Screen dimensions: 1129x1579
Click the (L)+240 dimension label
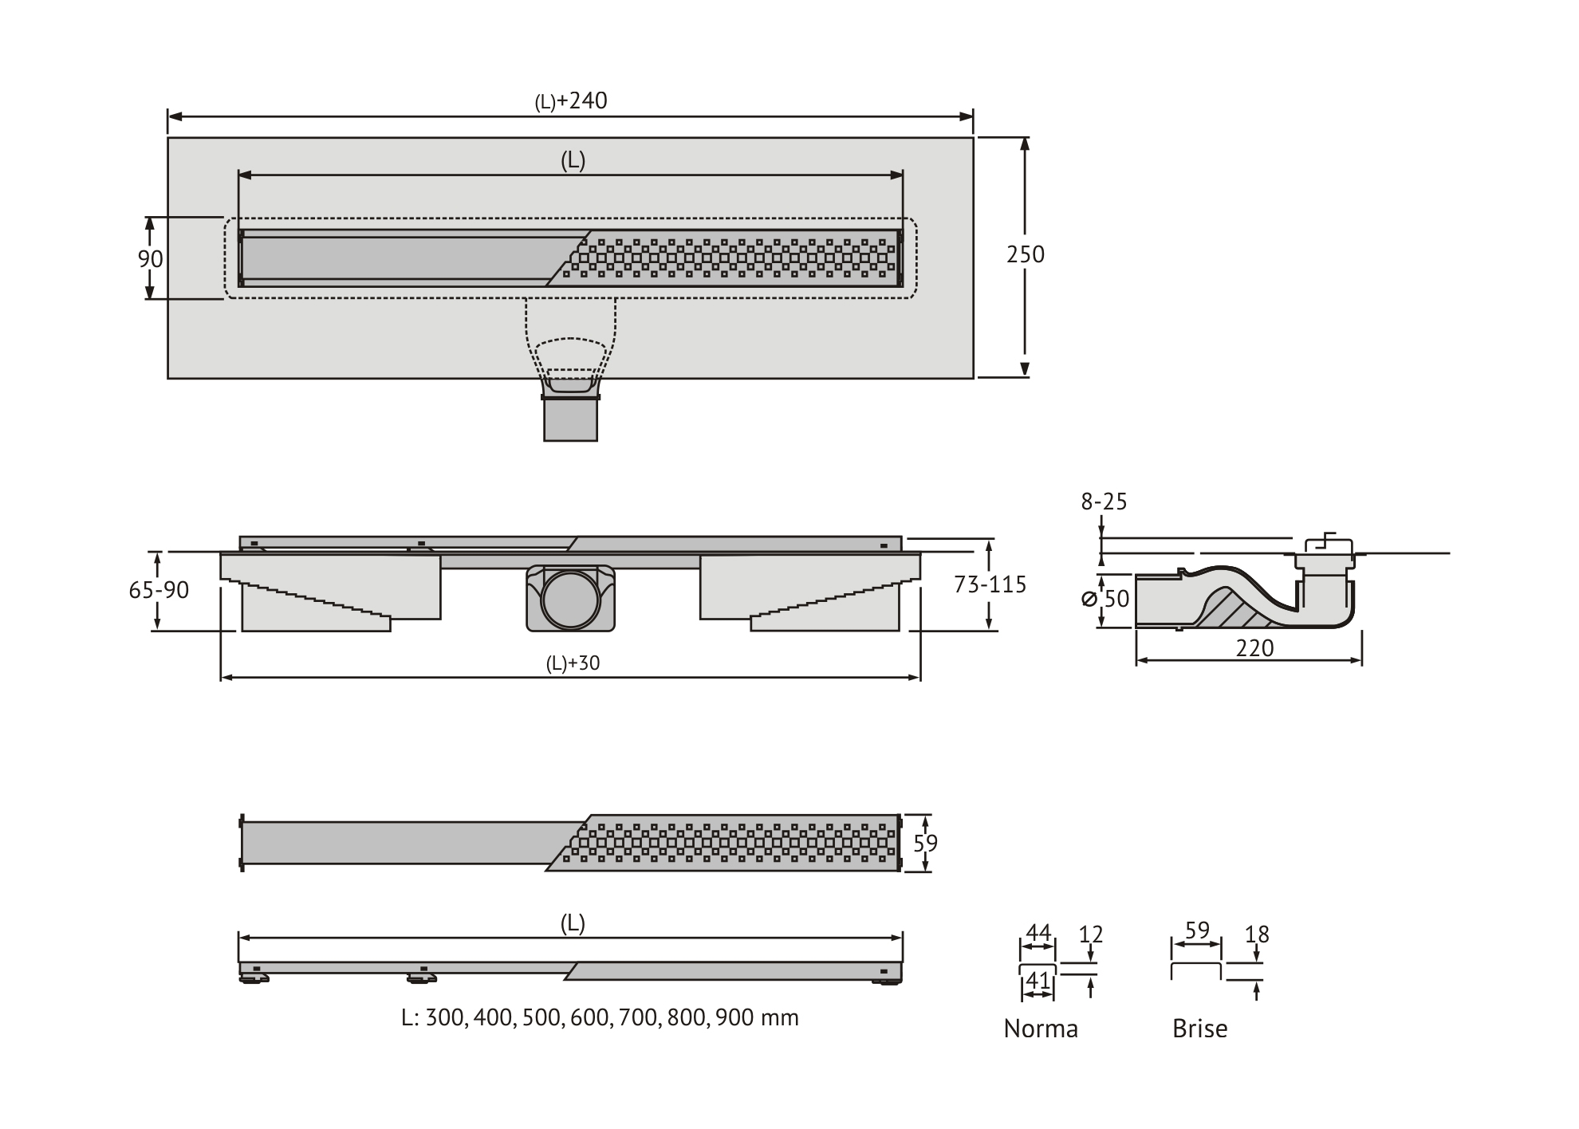[x=571, y=101]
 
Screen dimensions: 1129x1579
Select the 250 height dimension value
[x=1026, y=254]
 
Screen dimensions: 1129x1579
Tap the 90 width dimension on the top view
[x=151, y=258]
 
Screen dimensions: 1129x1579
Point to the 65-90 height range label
[x=159, y=590]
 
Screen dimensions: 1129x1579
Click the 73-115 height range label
[x=990, y=584]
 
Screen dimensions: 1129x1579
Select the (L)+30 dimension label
[x=573, y=663]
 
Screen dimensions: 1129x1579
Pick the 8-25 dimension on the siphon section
[x=1104, y=502]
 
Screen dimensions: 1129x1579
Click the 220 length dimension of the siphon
[x=1254, y=648]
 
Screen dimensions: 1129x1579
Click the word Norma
[x=1041, y=1029]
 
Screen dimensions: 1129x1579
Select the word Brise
[x=1199, y=1029]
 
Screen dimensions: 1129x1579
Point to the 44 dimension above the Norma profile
[x=1038, y=932]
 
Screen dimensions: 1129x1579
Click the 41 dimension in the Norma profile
[x=1038, y=981]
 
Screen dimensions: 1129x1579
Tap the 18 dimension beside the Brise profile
[x=1257, y=934]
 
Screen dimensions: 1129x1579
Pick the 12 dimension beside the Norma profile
[x=1090, y=934]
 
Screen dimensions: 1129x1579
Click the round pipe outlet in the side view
[x=570, y=600]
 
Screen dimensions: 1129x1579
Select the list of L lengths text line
[x=600, y=1017]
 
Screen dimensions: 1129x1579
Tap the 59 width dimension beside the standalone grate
[x=925, y=843]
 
